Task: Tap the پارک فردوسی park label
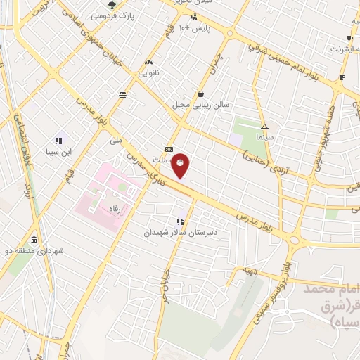tap(115, 15)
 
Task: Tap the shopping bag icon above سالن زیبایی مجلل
tap(201, 94)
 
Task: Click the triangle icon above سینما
tap(264, 127)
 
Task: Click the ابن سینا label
tap(59, 151)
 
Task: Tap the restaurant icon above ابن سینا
tap(58, 141)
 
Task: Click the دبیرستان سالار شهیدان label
tap(181, 231)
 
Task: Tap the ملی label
tap(116, 141)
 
